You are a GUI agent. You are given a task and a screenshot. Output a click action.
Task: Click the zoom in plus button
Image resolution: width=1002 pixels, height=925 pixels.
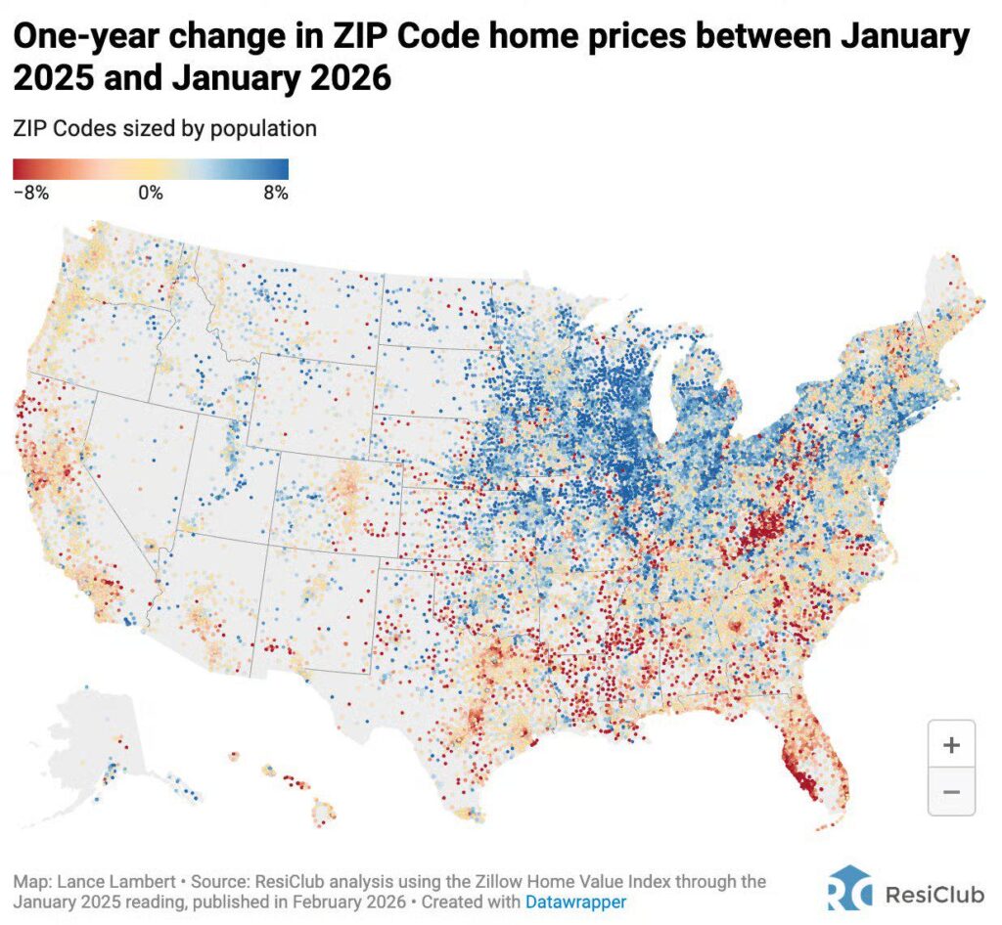pos(950,745)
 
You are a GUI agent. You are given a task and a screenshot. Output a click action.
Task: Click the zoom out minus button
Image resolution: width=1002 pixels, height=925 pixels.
pos(950,791)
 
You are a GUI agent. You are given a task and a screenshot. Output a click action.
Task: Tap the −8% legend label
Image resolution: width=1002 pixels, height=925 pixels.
pos(31,193)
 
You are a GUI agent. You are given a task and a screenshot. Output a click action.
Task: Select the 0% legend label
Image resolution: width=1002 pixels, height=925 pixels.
pos(150,193)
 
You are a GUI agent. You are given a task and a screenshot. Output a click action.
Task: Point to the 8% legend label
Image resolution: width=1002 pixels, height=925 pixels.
pos(275,193)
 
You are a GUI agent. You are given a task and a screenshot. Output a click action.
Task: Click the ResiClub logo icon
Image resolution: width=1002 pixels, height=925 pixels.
pos(847,894)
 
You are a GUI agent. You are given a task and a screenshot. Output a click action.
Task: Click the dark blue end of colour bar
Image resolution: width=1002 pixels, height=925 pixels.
pos(283,169)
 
